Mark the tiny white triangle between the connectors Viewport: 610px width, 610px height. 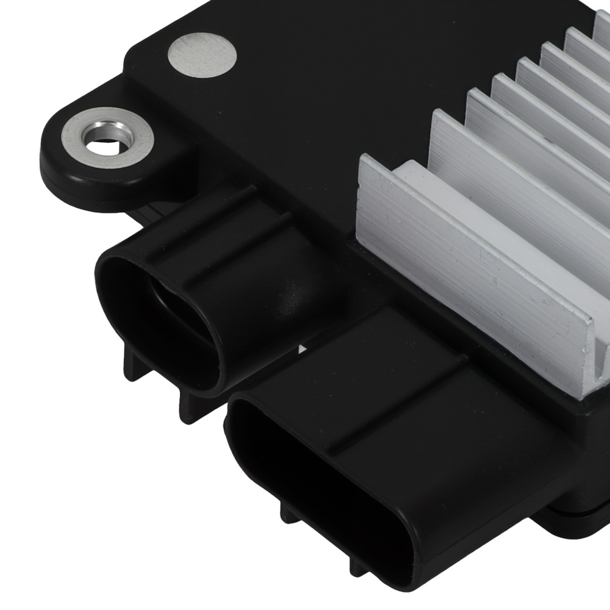(301, 349)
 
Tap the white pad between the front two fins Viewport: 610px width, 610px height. (488, 201)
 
